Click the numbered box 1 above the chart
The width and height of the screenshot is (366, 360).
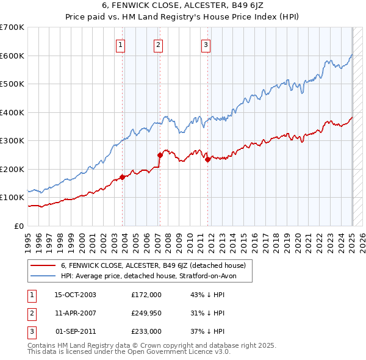(x=120, y=44)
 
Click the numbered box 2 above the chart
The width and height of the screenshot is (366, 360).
(x=158, y=44)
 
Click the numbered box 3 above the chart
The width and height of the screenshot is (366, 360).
(x=206, y=44)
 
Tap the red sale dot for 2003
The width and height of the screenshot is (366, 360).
(x=122, y=177)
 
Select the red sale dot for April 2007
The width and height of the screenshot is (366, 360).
(x=160, y=155)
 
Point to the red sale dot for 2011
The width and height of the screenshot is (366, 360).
(x=208, y=160)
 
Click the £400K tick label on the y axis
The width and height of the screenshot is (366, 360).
(x=13, y=112)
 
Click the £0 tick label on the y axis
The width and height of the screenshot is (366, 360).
(x=19, y=226)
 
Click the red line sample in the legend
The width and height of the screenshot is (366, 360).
(x=43, y=265)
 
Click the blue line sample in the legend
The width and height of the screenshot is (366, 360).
(x=43, y=276)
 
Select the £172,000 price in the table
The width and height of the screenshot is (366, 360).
(x=146, y=295)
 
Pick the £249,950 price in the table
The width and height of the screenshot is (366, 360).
(x=146, y=313)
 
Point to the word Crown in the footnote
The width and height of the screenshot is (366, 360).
(x=177, y=345)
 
